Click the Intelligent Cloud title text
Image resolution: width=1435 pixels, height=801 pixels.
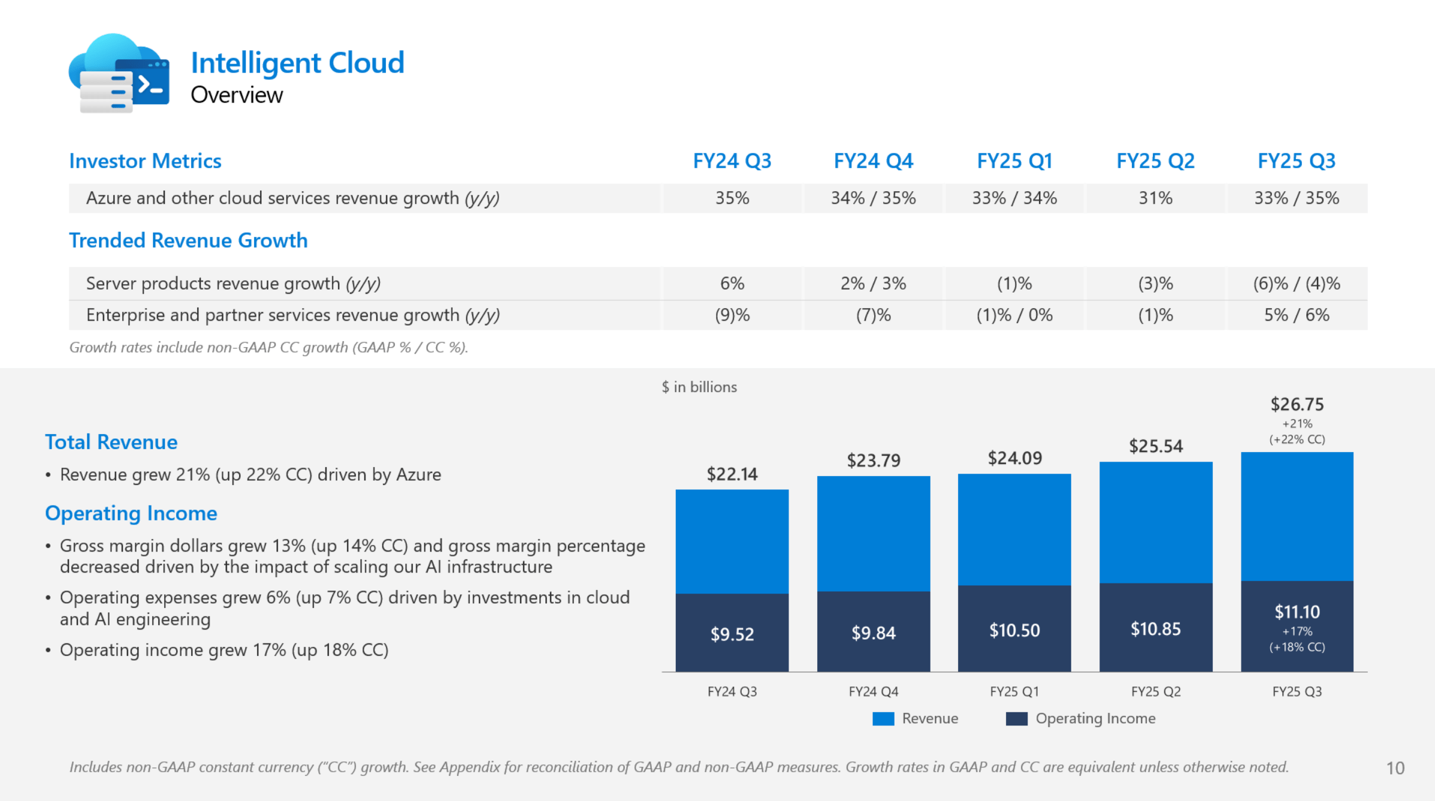tap(297, 63)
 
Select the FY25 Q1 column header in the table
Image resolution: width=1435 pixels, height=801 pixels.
tap(1014, 161)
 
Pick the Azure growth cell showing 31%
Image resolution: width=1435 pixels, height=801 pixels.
tap(1155, 198)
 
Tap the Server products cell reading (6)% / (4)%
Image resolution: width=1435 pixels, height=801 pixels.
tap(1297, 284)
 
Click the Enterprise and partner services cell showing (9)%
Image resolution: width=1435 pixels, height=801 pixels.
tap(732, 315)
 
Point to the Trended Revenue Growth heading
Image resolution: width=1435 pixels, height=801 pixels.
tap(188, 240)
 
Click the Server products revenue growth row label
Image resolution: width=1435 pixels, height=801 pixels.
tap(233, 284)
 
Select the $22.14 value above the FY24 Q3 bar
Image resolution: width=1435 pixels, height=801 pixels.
tap(732, 474)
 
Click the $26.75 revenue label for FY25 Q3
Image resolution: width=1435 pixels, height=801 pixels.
tap(1297, 405)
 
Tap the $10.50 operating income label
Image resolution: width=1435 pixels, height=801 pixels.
tap(1014, 630)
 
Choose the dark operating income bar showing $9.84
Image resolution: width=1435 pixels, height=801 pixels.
tap(873, 633)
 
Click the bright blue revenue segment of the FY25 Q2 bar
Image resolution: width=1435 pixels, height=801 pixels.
tap(1155, 522)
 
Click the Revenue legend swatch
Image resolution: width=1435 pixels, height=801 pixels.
tap(883, 719)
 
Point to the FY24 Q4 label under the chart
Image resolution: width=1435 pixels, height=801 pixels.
tap(873, 692)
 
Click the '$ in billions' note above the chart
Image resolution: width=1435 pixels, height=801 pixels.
tap(699, 387)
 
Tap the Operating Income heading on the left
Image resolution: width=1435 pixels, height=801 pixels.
tap(131, 513)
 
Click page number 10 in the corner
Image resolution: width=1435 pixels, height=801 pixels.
tap(1395, 768)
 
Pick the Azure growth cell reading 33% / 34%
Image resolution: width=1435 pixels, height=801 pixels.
tap(1014, 198)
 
